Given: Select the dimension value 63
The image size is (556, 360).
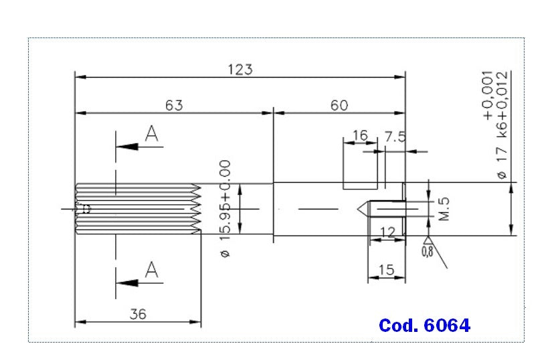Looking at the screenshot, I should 174,105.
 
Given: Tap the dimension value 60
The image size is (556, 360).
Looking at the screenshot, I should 339,105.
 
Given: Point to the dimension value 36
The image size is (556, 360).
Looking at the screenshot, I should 137,313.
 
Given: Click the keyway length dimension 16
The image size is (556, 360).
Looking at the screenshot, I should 359,136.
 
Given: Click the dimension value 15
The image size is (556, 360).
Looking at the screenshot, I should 387,270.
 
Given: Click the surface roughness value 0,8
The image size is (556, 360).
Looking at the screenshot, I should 427,252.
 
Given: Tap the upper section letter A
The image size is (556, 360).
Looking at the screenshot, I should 152,135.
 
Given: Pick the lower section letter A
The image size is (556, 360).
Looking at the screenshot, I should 152,270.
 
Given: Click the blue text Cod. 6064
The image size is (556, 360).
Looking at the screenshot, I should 424,325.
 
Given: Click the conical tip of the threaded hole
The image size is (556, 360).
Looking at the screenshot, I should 362,209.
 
